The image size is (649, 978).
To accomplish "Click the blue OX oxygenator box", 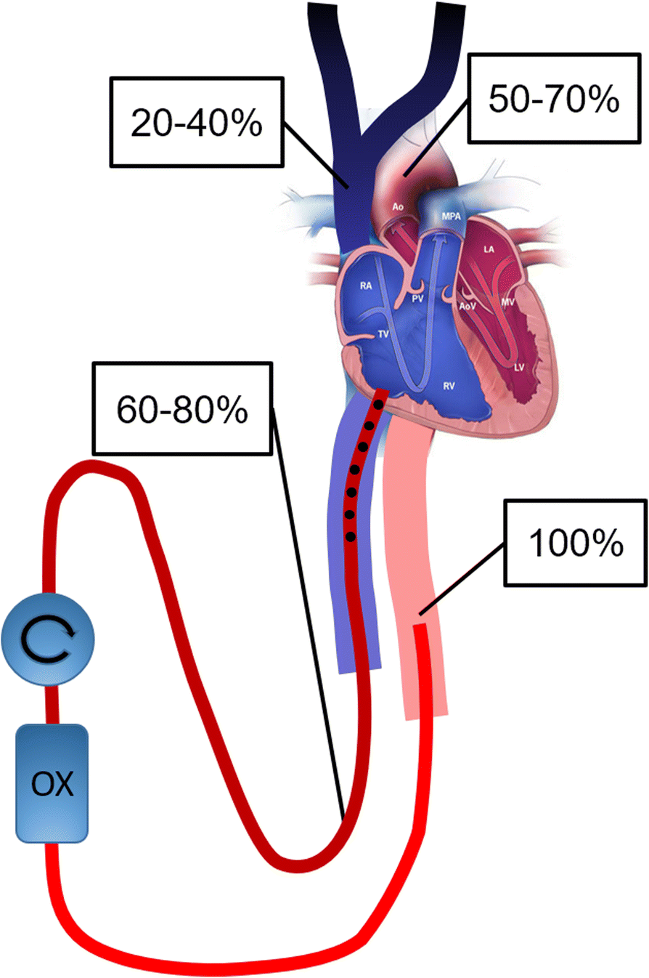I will (x=53, y=784).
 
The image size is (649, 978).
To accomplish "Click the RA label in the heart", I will (x=367, y=286).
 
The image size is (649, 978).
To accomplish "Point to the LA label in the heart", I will (x=490, y=249).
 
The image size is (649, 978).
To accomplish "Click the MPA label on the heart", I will (x=449, y=216).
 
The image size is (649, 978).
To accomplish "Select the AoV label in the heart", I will (x=466, y=307).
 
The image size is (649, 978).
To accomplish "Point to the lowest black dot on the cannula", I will (x=351, y=537).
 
